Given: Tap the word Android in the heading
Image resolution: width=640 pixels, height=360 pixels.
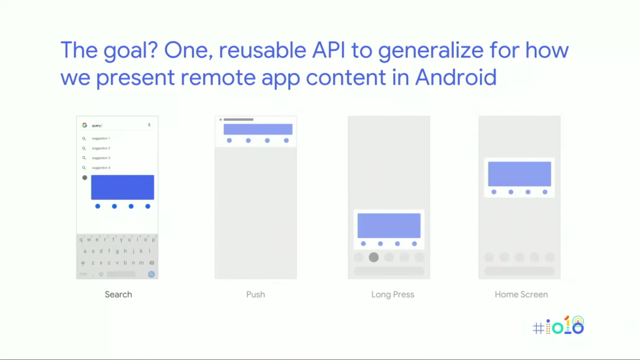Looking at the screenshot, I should (x=456, y=78).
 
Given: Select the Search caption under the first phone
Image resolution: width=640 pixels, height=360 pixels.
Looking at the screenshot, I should (x=118, y=295).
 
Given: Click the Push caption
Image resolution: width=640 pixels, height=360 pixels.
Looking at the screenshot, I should (x=255, y=295).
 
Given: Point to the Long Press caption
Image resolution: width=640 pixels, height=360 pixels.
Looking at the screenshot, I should (x=392, y=295).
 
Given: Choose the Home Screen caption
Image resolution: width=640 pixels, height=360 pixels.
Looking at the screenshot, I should (x=521, y=295).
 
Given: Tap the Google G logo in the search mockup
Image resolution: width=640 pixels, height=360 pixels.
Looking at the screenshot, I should (x=84, y=125).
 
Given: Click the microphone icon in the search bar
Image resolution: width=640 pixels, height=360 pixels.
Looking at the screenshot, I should (x=149, y=125).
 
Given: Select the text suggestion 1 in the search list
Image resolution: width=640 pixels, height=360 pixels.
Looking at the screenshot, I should (x=101, y=139).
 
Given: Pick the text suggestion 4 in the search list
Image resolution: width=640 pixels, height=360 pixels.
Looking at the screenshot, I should (x=101, y=168).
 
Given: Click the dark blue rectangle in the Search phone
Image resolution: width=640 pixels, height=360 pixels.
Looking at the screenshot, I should (x=122, y=188).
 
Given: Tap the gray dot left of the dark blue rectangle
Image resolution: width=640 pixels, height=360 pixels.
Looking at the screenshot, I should (x=85, y=178).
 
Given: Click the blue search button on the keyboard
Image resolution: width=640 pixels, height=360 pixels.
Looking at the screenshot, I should (x=151, y=274).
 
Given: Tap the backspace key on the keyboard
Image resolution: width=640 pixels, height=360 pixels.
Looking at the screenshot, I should (x=151, y=263).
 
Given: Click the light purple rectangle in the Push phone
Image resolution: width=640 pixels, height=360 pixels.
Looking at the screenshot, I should (x=257, y=129).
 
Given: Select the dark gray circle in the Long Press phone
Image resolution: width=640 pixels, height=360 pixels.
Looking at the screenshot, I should (x=374, y=257).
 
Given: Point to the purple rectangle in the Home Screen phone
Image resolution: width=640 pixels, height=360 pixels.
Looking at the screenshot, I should (x=519, y=174).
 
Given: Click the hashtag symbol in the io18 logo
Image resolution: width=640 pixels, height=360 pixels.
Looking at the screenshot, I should (x=538, y=329).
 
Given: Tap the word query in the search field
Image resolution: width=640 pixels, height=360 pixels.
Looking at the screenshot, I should (x=97, y=125).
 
